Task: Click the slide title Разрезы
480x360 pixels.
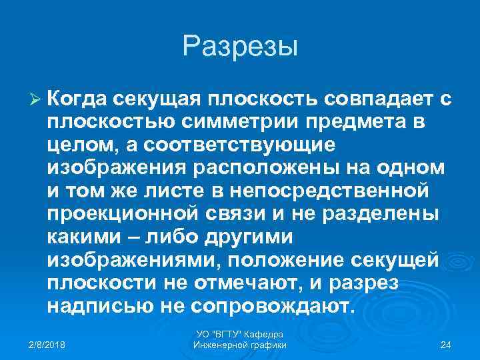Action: [x=240, y=47]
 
